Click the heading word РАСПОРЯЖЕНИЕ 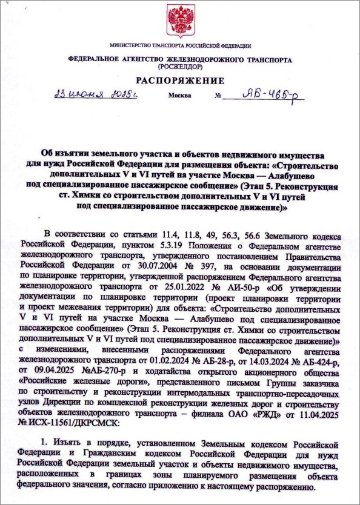click(180, 81)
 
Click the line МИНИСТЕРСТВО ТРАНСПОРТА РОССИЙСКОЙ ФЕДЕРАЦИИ click(180, 46)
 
